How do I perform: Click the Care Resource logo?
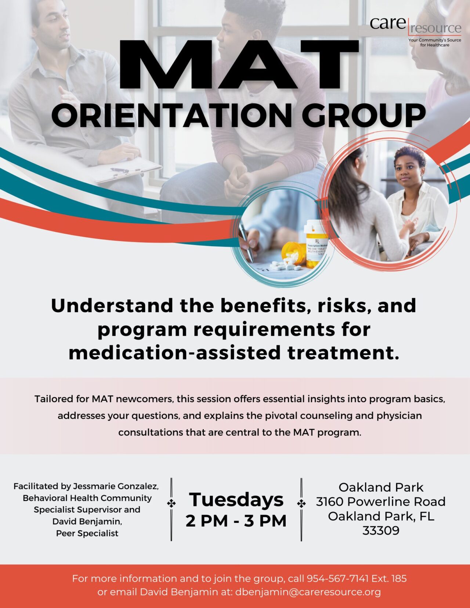click(x=415, y=29)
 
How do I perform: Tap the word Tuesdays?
click(x=236, y=500)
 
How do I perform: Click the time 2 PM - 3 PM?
click(x=236, y=521)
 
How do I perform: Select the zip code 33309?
click(x=381, y=531)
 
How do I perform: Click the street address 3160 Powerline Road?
click(x=381, y=502)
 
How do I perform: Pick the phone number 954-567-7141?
click(x=337, y=579)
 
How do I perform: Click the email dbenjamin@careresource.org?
click(x=308, y=592)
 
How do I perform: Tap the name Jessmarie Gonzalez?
click(x=116, y=487)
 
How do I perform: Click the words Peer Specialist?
click(x=87, y=534)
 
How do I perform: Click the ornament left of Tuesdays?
click(x=171, y=504)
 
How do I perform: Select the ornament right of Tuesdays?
click(x=301, y=504)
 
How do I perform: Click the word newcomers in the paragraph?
click(x=144, y=399)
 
